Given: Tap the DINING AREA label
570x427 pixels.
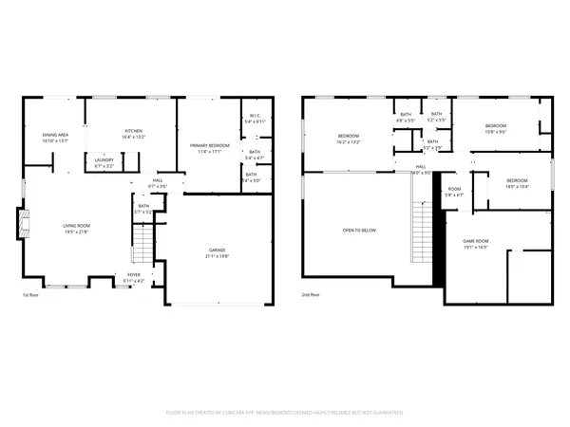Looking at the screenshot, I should (54, 135).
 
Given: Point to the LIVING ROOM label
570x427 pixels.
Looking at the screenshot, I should (76, 225).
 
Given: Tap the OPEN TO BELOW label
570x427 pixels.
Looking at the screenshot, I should (359, 231).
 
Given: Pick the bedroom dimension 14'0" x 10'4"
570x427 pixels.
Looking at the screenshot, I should (517, 187).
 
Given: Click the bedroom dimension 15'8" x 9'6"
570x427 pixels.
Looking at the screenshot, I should (496, 132).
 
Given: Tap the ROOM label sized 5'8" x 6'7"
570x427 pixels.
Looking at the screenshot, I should (454, 195).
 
